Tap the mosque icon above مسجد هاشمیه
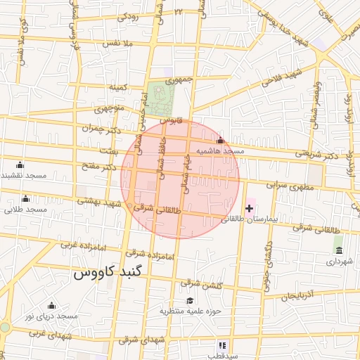tap(220, 141)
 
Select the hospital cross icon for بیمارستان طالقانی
tap(249, 208)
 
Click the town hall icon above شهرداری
tap(339, 251)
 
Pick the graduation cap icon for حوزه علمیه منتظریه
tap(189, 300)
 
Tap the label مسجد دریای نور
tap(51, 317)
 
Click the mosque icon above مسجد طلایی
tap(26, 198)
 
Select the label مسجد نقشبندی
tap(22, 174)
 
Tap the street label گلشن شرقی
tap(201, 284)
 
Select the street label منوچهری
tap(109, 109)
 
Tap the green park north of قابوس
tap(161, 99)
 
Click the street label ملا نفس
tap(118, 44)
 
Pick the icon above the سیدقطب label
tap(223, 345)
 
